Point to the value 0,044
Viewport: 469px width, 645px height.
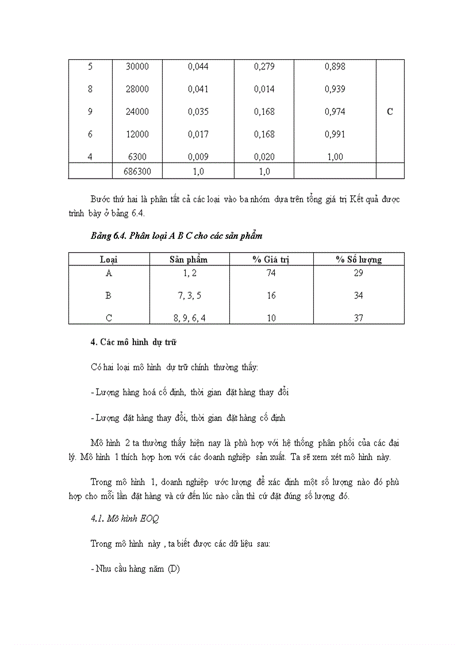198,67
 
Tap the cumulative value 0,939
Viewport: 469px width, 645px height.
335,89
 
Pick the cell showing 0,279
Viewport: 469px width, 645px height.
264,67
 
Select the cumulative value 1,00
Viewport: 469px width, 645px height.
335,157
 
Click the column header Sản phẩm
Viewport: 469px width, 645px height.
189,260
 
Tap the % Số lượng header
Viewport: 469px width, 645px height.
359,260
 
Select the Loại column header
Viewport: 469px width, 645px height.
109,260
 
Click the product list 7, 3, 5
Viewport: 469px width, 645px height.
189,296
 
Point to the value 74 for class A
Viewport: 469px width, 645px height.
271,273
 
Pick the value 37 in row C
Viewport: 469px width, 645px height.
359,318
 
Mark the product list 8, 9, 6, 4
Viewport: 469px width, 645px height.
189,318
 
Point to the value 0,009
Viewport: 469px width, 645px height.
198,157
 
